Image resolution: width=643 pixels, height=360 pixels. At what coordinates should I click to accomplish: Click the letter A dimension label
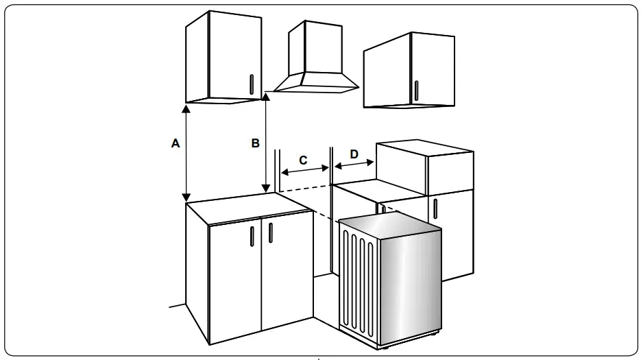[x=175, y=143]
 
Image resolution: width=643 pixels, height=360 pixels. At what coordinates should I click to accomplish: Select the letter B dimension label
[x=255, y=143]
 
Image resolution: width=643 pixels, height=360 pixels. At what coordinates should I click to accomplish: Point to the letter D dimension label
[x=354, y=154]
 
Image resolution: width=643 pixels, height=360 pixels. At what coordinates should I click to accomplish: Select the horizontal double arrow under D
[x=354, y=165]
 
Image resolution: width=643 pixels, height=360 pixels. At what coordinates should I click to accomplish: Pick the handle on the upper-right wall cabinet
[x=415, y=90]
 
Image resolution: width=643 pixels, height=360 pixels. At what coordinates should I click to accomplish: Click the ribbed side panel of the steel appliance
[x=359, y=281]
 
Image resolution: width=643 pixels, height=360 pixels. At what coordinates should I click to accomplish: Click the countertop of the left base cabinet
[x=240, y=207]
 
